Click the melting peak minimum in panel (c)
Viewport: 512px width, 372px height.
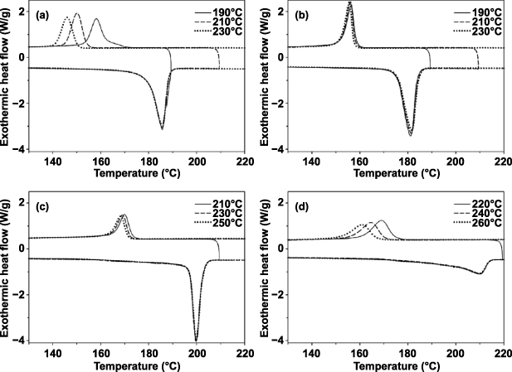(197, 340)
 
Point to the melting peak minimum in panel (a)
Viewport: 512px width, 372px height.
(162, 129)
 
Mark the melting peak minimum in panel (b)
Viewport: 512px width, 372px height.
(410, 135)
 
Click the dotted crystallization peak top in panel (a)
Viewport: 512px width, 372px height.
(67, 17)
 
